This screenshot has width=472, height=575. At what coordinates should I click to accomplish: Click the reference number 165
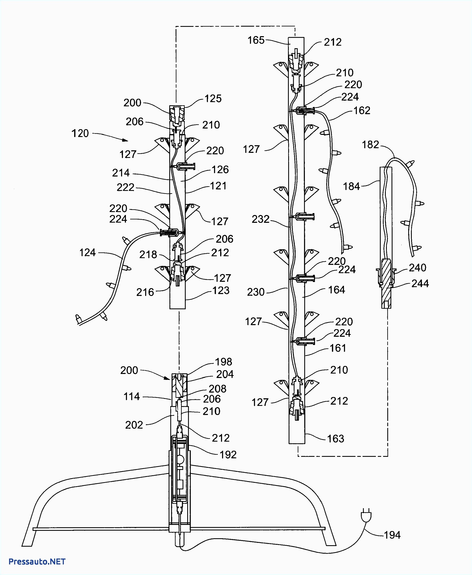pyautogui.click(x=256, y=40)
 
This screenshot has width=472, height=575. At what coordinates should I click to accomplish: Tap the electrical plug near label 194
pyautogui.click(x=366, y=516)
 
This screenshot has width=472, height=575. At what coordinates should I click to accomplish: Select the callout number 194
pyautogui.click(x=392, y=535)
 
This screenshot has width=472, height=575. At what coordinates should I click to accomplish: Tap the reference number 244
pyautogui.click(x=420, y=283)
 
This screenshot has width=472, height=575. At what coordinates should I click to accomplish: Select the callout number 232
pyautogui.click(x=260, y=219)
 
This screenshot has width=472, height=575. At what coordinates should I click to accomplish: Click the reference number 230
pyautogui.click(x=256, y=292)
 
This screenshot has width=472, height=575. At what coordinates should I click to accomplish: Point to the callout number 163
pyautogui.click(x=336, y=438)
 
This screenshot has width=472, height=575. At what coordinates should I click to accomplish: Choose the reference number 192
pyautogui.click(x=228, y=455)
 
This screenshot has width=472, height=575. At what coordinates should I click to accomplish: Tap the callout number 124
pyautogui.click(x=87, y=252)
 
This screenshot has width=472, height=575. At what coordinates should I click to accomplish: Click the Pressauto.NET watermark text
pyautogui.click(x=37, y=561)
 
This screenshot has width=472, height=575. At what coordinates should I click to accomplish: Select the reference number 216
pyautogui.click(x=145, y=292)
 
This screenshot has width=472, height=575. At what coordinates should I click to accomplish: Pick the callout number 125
pyautogui.click(x=213, y=99)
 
